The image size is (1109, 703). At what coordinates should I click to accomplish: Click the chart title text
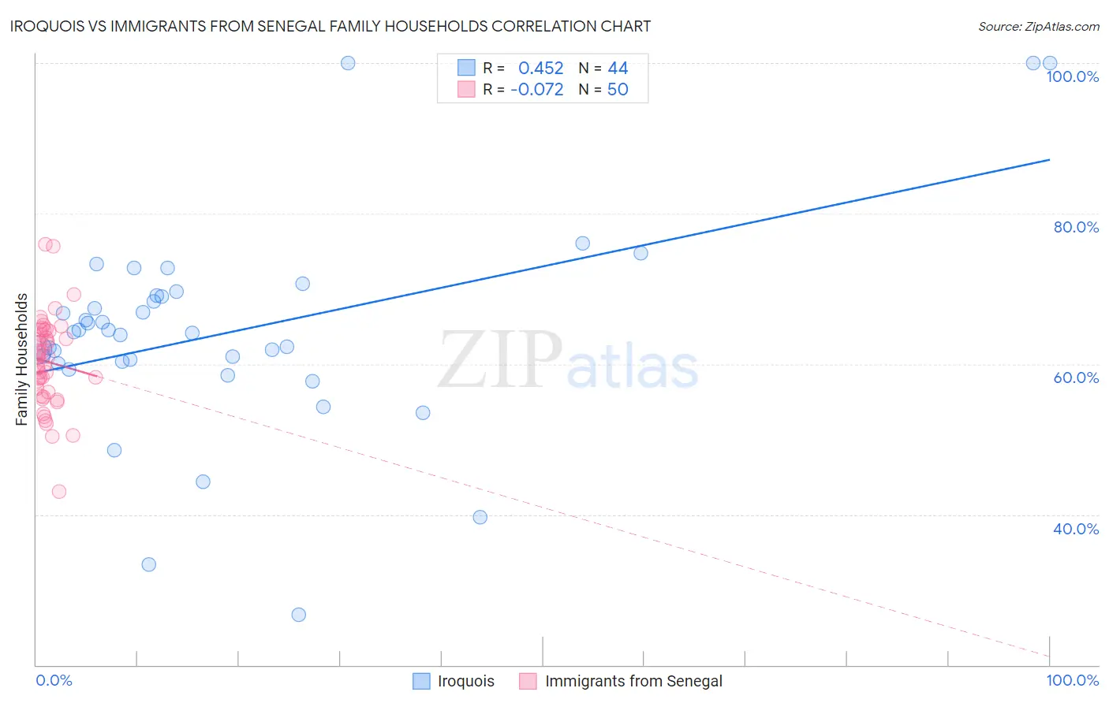(x=330, y=26)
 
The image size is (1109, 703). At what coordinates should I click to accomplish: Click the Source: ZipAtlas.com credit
(x=1038, y=27)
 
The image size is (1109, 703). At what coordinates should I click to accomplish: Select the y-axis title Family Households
(x=22, y=359)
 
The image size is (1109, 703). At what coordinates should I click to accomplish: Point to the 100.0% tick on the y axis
(x=1072, y=76)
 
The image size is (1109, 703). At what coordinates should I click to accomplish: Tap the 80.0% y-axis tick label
(x=1076, y=227)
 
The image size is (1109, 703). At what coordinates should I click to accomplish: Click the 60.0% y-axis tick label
(x=1076, y=378)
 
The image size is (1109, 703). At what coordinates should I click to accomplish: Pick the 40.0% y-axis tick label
(x=1076, y=529)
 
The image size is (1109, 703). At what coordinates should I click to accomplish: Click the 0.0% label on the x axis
(x=54, y=680)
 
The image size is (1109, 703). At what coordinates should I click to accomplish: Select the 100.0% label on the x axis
(x=1072, y=680)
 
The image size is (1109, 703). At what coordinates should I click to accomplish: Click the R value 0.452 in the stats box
(x=540, y=69)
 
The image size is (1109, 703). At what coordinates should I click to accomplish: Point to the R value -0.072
(x=536, y=90)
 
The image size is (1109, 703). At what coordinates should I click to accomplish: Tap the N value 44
(x=618, y=69)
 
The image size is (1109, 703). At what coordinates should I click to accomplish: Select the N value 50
(x=618, y=90)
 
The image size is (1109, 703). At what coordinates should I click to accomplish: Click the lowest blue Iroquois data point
(x=298, y=615)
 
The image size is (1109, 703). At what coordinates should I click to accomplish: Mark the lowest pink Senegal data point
(x=59, y=492)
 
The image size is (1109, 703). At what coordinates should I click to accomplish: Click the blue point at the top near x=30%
(x=348, y=63)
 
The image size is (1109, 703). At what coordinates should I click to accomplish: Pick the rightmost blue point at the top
(x=1050, y=63)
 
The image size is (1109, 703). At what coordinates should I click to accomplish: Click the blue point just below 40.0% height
(x=480, y=517)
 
